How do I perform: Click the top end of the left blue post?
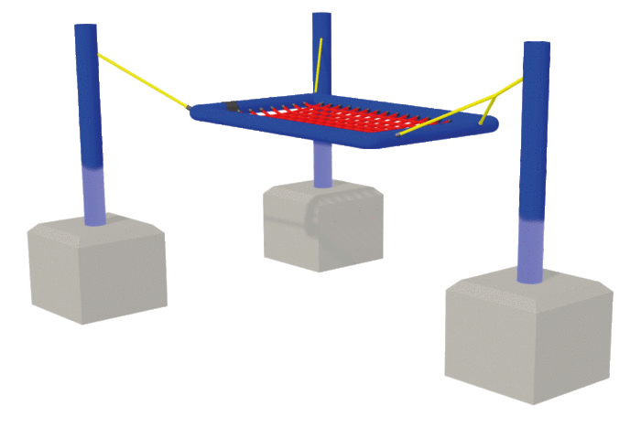point(86,27)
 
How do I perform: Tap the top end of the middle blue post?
point(321,16)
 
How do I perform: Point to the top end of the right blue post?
point(537,46)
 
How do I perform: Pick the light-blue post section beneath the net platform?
point(321,165)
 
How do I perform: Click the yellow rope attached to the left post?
point(142,80)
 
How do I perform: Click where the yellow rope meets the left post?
point(99,56)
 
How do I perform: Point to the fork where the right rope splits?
point(495,92)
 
